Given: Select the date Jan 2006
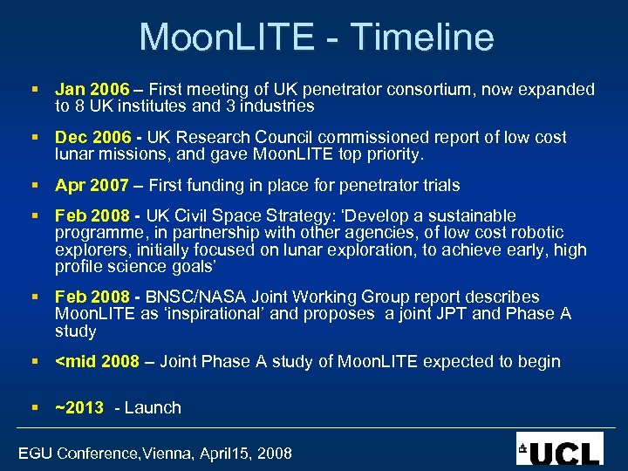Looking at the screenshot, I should [x=92, y=89].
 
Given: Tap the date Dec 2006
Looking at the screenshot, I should [x=92, y=137].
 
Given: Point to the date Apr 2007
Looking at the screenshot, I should [x=92, y=185].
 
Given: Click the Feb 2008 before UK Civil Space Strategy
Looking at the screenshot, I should [x=92, y=215].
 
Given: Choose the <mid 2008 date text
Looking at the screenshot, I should [x=97, y=361].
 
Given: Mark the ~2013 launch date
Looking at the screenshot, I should [x=79, y=407].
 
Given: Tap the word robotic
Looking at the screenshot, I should [x=536, y=233].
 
